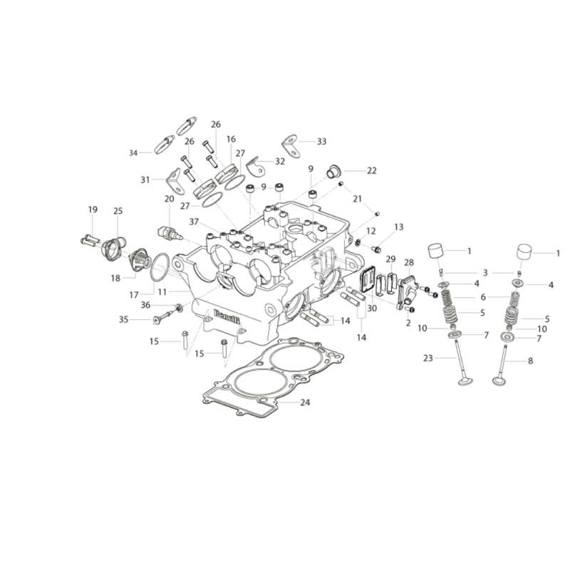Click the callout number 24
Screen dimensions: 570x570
click(x=305, y=403)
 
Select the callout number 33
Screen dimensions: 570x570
click(x=322, y=141)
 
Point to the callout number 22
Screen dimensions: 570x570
click(x=371, y=170)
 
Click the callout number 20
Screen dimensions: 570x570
click(x=170, y=199)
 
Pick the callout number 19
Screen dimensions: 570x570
click(x=93, y=209)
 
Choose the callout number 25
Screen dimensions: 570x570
click(x=118, y=211)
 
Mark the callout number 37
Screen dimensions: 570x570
click(x=194, y=222)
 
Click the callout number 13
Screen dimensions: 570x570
click(x=399, y=227)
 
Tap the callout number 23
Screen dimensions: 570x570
click(x=428, y=358)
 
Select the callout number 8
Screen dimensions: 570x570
click(x=530, y=361)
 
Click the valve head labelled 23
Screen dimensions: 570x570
click(x=466, y=382)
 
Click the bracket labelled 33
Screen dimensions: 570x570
click(x=292, y=146)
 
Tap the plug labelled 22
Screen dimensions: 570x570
click(x=333, y=171)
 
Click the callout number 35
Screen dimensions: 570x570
click(x=123, y=319)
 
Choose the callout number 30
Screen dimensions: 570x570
click(x=372, y=309)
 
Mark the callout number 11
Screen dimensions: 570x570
click(x=162, y=292)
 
